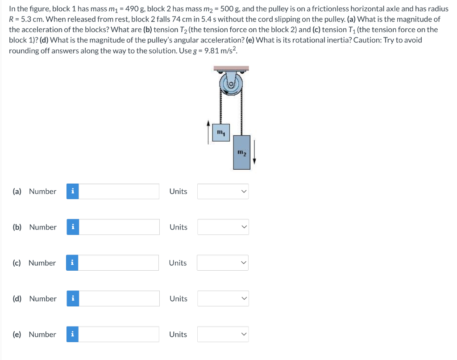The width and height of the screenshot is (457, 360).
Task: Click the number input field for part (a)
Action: (119, 191)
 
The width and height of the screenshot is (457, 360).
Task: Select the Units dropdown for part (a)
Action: (223, 191)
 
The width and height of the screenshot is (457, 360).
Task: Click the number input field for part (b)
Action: (119, 227)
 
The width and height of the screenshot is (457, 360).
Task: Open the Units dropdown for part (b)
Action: (223, 227)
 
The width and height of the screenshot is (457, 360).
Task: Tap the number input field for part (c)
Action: (119, 263)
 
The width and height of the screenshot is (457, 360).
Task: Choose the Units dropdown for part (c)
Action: (223, 263)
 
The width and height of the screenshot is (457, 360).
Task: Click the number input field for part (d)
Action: (119, 298)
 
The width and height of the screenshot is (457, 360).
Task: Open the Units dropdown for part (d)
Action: (223, 298)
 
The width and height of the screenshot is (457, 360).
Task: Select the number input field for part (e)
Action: (119, 334)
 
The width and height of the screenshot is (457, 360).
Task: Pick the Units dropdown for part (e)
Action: (223, 334)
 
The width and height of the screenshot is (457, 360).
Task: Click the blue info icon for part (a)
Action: (73, 191)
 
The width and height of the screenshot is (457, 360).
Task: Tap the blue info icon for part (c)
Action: (72, 263)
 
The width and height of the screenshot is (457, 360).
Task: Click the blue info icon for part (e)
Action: (72, 334)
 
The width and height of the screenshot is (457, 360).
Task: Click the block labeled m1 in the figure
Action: (221, 133)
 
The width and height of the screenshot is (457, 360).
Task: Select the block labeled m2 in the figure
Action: (241, 152)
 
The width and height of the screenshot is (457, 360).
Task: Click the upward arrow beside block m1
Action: (208, 132)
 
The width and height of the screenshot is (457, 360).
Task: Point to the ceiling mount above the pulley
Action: (231, 69)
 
